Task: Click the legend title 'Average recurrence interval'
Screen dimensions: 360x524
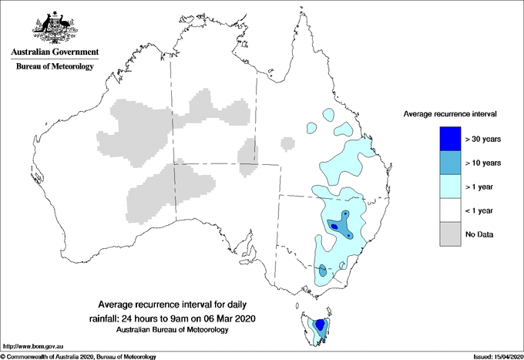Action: (x=450, y=113)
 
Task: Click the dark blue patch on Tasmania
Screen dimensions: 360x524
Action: (x=320, y=325)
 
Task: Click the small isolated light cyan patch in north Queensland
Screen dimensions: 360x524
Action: (x=313, y=127)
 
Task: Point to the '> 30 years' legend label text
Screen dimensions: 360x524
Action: (x=483, y=139)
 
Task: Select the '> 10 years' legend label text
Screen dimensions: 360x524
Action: (x=483, y=163)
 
